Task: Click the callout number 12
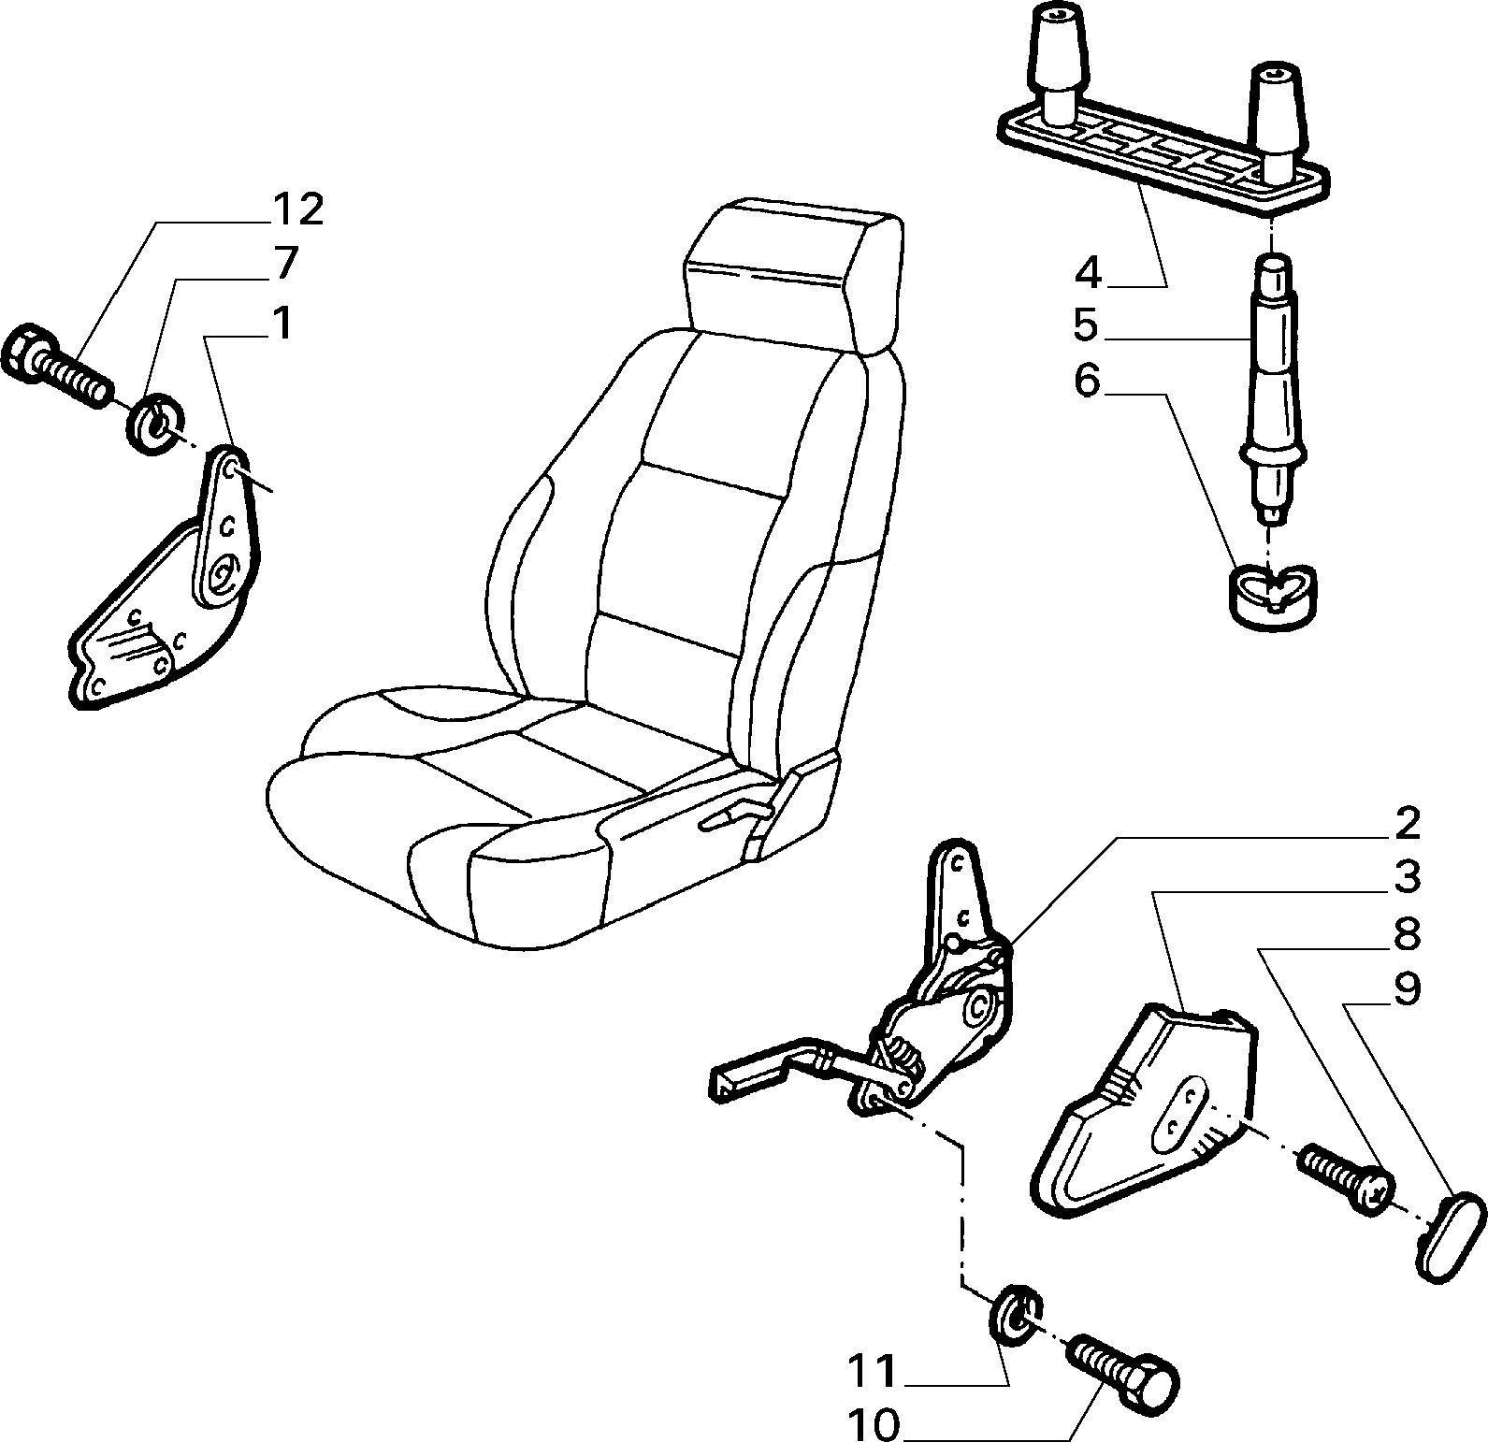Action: (297, 209)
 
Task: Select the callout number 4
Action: (1088, 273)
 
